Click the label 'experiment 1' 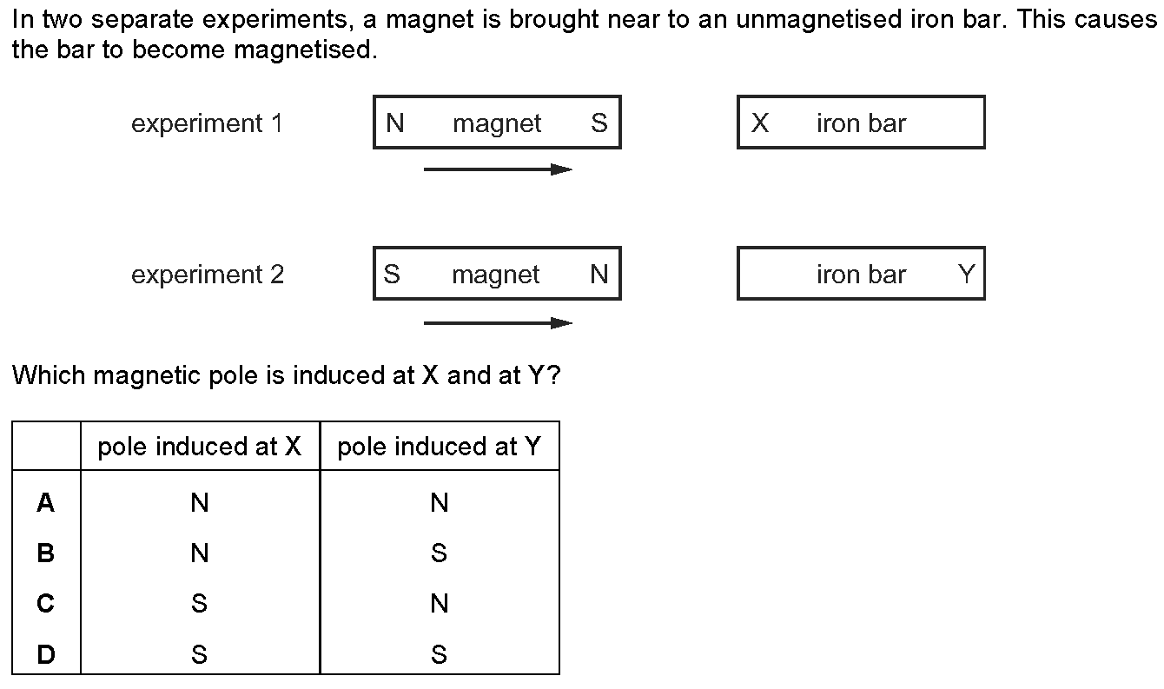[207, 123]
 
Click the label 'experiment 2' [208, 275]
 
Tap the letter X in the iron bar [760, 123]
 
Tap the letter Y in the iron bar [967, 274]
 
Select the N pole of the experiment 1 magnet [395, 123]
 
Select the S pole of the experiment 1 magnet [599, 123]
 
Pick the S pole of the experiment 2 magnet [392, 274]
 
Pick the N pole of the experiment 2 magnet [599, 274]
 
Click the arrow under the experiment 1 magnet [498, 169]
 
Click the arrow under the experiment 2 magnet [498, 323]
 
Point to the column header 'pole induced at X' [200, 447]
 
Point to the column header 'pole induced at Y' [439, 447]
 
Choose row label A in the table [46, 502]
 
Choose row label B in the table [46, 553]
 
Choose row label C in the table [46, 603]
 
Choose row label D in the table [46, 653]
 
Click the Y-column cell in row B [439, 553]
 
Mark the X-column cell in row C [200, 603]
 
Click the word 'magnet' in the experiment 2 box [496, 275]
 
